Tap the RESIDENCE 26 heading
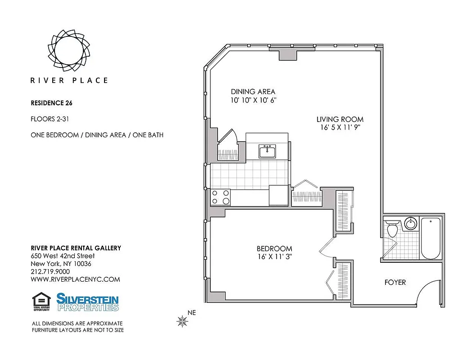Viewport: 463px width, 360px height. coord(51,103)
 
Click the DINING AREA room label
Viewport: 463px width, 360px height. coord(253,92)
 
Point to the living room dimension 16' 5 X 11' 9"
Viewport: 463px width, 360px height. coord(340,128)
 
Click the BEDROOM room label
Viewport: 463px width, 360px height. coord(274,248)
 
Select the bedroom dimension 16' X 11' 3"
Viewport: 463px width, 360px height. coord(274,257)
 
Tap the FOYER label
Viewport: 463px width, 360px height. coord(395,283)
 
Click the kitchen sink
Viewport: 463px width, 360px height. coord(267,152)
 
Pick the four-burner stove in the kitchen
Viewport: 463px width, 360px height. coord(221,197)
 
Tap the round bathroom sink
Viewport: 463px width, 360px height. coord(410,224)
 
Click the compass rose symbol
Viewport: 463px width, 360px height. coord(182,321)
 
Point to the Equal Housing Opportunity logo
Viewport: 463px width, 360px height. coord(41,302)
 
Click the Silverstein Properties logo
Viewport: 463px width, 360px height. coord(87,302)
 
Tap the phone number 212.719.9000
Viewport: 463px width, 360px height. coord(50,272)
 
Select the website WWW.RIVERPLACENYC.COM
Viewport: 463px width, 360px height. coord(75,279)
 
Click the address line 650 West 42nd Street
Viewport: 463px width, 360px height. coord(63,256)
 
